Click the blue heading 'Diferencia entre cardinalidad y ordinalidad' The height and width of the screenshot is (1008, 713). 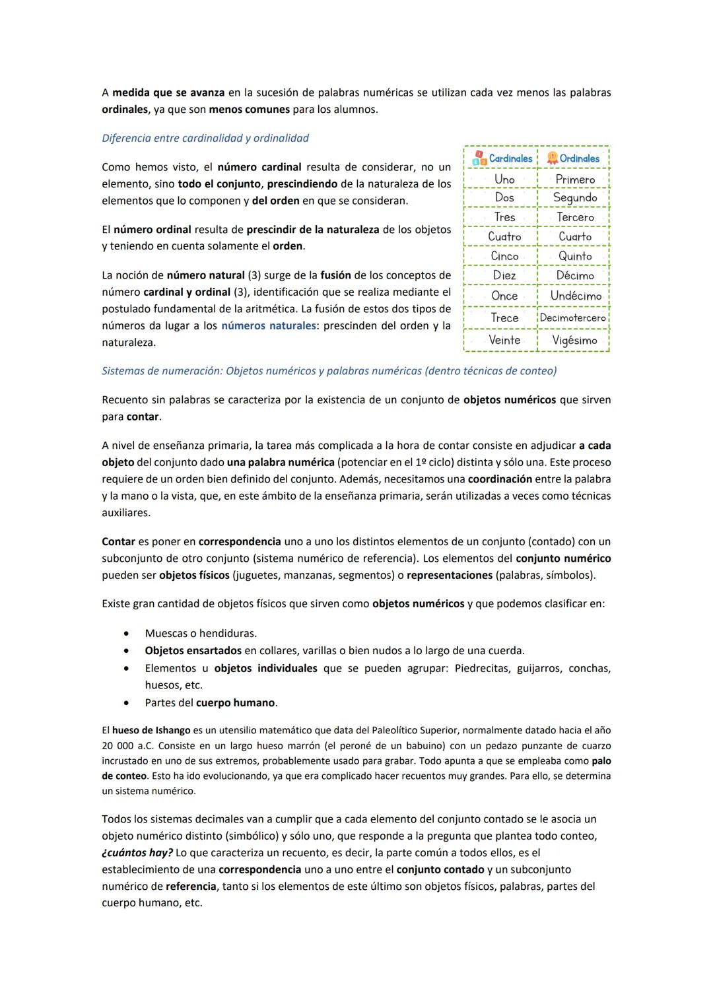(x=205, y=138)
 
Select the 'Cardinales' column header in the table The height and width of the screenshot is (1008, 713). (x=510, y=158)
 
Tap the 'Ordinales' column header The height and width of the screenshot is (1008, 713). (x=579, y=158)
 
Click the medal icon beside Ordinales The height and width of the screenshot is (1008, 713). (x=553, y=158)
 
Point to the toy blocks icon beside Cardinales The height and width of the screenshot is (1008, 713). (x=479, y=158)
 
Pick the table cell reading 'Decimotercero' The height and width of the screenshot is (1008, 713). (x=572, y=318)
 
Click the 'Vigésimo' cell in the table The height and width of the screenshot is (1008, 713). (x=574, y=340)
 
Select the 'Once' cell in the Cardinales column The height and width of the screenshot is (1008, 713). (x=504, y=296)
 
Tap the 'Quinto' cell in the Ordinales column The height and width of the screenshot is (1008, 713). (x=574, y=255)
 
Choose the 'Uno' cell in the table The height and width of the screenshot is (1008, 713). (x=504, y=179)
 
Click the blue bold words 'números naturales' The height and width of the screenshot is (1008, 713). (x=268, y=325)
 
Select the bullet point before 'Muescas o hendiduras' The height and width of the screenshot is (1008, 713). (x=126, y=634)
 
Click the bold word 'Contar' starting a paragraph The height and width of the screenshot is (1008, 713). (x=118, y=541)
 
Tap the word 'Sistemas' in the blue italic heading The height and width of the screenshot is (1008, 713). (x=123, y=371)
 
